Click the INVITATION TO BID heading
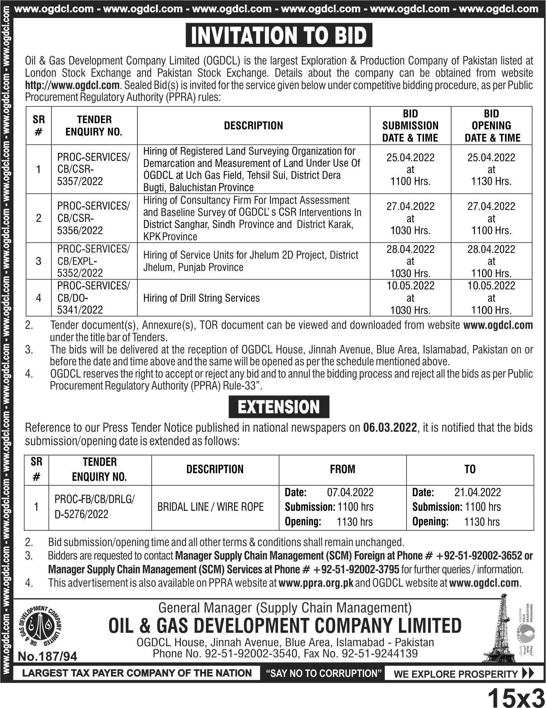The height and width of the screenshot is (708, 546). point(279,36)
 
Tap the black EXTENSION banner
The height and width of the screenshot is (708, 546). point(279,407)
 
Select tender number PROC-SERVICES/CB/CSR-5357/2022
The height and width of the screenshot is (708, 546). point(93,169)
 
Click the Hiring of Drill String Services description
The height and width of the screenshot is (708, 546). point(202,298)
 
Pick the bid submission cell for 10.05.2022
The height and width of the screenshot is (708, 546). point(410,298)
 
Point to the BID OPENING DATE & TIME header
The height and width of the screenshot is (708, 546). point(492,125)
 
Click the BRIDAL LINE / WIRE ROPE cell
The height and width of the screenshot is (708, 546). point(210,507)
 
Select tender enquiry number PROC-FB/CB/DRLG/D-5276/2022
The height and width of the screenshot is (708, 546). point(94,507)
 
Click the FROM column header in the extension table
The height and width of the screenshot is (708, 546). point(342,469)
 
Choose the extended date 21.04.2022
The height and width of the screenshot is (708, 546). point(478,492)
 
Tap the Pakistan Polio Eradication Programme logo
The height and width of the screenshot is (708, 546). point(525,629)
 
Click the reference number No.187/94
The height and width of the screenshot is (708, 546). point(48,657)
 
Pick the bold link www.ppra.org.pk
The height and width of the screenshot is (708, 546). point(316,583)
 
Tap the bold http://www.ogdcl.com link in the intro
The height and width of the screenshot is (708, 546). point(73,85)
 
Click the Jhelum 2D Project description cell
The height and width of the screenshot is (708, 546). point(250,261)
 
